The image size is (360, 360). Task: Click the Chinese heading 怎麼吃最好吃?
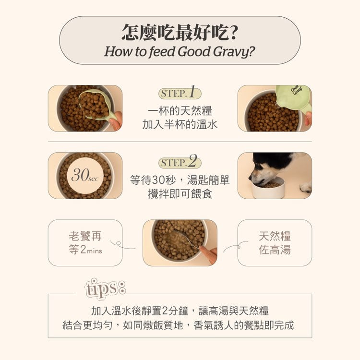point(180,33)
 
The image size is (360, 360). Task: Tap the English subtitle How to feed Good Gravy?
point(180,51)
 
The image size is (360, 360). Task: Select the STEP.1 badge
point(180,93)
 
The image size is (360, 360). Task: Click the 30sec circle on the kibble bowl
point(85,176)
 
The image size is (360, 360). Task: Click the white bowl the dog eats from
point(268,188)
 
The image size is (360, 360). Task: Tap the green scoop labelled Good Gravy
point(293,96)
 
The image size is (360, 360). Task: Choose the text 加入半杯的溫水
point(180,125)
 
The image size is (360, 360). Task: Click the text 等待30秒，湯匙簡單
point(180,180)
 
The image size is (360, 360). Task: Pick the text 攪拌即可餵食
point(180,194)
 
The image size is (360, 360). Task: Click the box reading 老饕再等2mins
point(85,243)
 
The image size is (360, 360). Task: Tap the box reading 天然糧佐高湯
point(275,243)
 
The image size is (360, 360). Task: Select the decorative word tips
point(105,288)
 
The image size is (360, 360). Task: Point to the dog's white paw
point(305,187)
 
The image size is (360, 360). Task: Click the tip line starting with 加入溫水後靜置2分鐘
point(180,310)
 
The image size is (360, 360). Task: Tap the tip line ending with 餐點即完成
point(180,325)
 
